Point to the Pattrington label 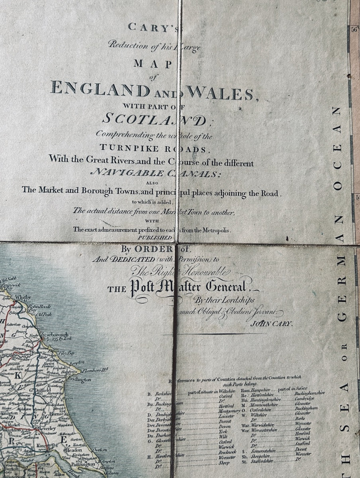86,464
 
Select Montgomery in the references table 229,411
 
